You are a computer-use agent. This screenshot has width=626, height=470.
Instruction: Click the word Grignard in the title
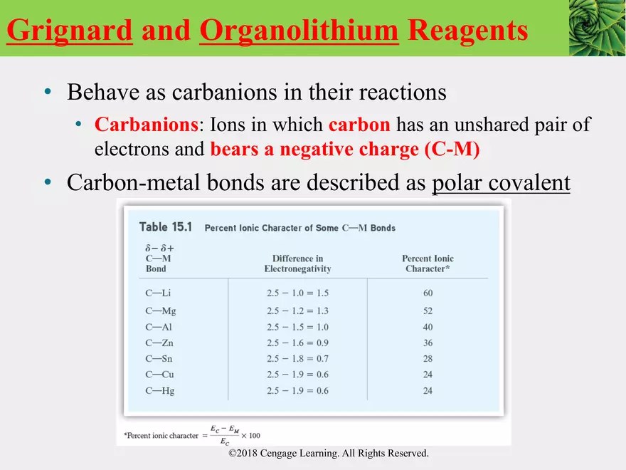(x=70, y=31)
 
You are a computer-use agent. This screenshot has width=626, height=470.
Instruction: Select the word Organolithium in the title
(x=298, y=31)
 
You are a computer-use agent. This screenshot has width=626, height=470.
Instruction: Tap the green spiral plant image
(x=597, y=28)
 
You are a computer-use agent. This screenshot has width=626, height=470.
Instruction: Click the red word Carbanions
(x=146, y=125)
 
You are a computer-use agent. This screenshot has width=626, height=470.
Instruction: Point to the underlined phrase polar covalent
(x=501, y=183)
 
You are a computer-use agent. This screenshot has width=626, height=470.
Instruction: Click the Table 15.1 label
(x=166, y=227)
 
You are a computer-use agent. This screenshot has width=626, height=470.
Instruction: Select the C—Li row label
(x=159, y=293)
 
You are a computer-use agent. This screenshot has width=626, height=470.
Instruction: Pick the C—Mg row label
(x=160, y=310)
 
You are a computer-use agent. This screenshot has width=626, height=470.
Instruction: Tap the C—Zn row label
(x=159, y=343)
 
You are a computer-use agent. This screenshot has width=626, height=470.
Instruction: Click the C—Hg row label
(x=160, y=391)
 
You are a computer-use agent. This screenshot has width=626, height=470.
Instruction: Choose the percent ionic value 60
(x=428, y=293)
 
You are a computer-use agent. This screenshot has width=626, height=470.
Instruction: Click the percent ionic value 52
(x=428, y=310)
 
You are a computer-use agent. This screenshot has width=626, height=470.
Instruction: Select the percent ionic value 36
(x=428, y=343)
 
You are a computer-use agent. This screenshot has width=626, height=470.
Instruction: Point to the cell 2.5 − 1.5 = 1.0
(x=297, y=327)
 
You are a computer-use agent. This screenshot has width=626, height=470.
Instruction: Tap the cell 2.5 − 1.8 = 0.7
(x=297, y=359)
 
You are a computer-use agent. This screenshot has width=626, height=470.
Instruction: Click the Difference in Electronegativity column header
(x=297, y=263)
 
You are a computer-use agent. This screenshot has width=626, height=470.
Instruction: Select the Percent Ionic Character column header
(x=428, y=263)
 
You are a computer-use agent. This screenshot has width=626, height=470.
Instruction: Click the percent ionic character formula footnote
(x=192, y=434)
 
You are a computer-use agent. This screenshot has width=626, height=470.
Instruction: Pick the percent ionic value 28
(x=428, y=359)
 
